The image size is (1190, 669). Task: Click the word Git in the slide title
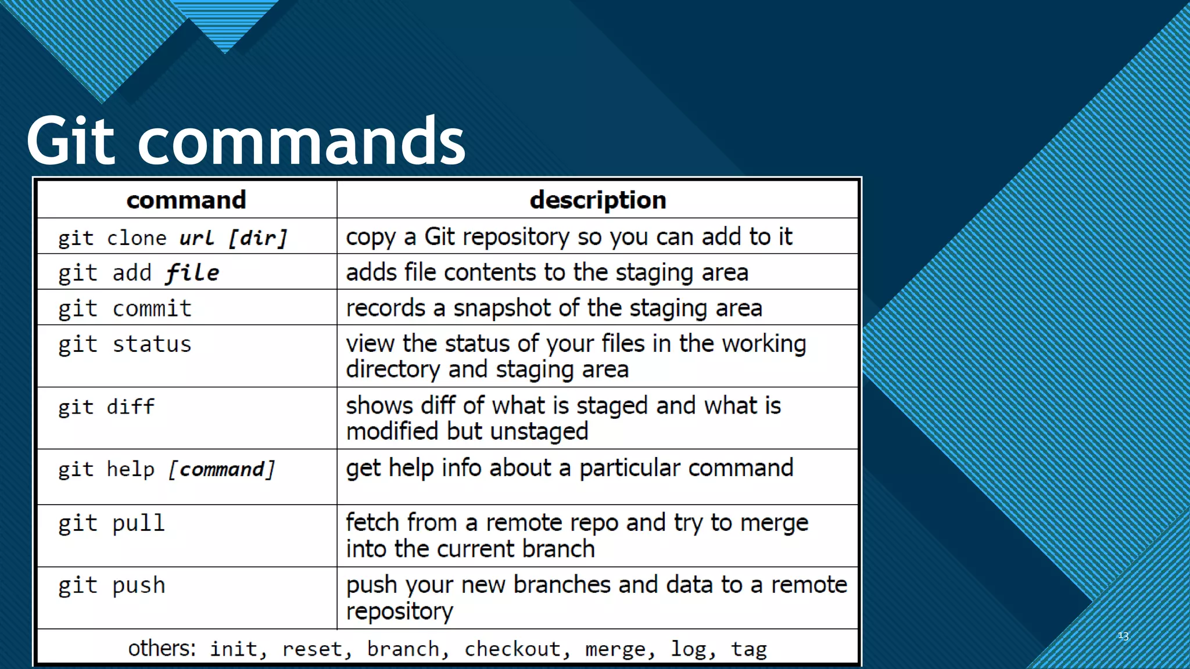71,141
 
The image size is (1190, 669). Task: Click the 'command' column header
187,200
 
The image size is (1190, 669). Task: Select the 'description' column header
598,200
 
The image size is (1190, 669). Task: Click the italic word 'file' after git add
192,273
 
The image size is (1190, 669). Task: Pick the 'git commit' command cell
124,308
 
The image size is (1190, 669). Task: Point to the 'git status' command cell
124,344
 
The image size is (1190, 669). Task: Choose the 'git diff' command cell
106,407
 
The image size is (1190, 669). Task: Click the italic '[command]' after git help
222,469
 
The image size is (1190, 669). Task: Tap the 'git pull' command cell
112,523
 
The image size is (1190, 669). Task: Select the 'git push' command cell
112,585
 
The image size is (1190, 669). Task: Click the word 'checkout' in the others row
512,649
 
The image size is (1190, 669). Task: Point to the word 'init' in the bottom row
234,649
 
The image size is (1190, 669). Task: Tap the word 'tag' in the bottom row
749,649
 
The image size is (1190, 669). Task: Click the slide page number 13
1123,636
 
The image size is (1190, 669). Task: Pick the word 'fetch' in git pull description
372,523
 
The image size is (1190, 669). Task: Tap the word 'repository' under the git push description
399,611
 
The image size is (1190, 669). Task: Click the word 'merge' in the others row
615,649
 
